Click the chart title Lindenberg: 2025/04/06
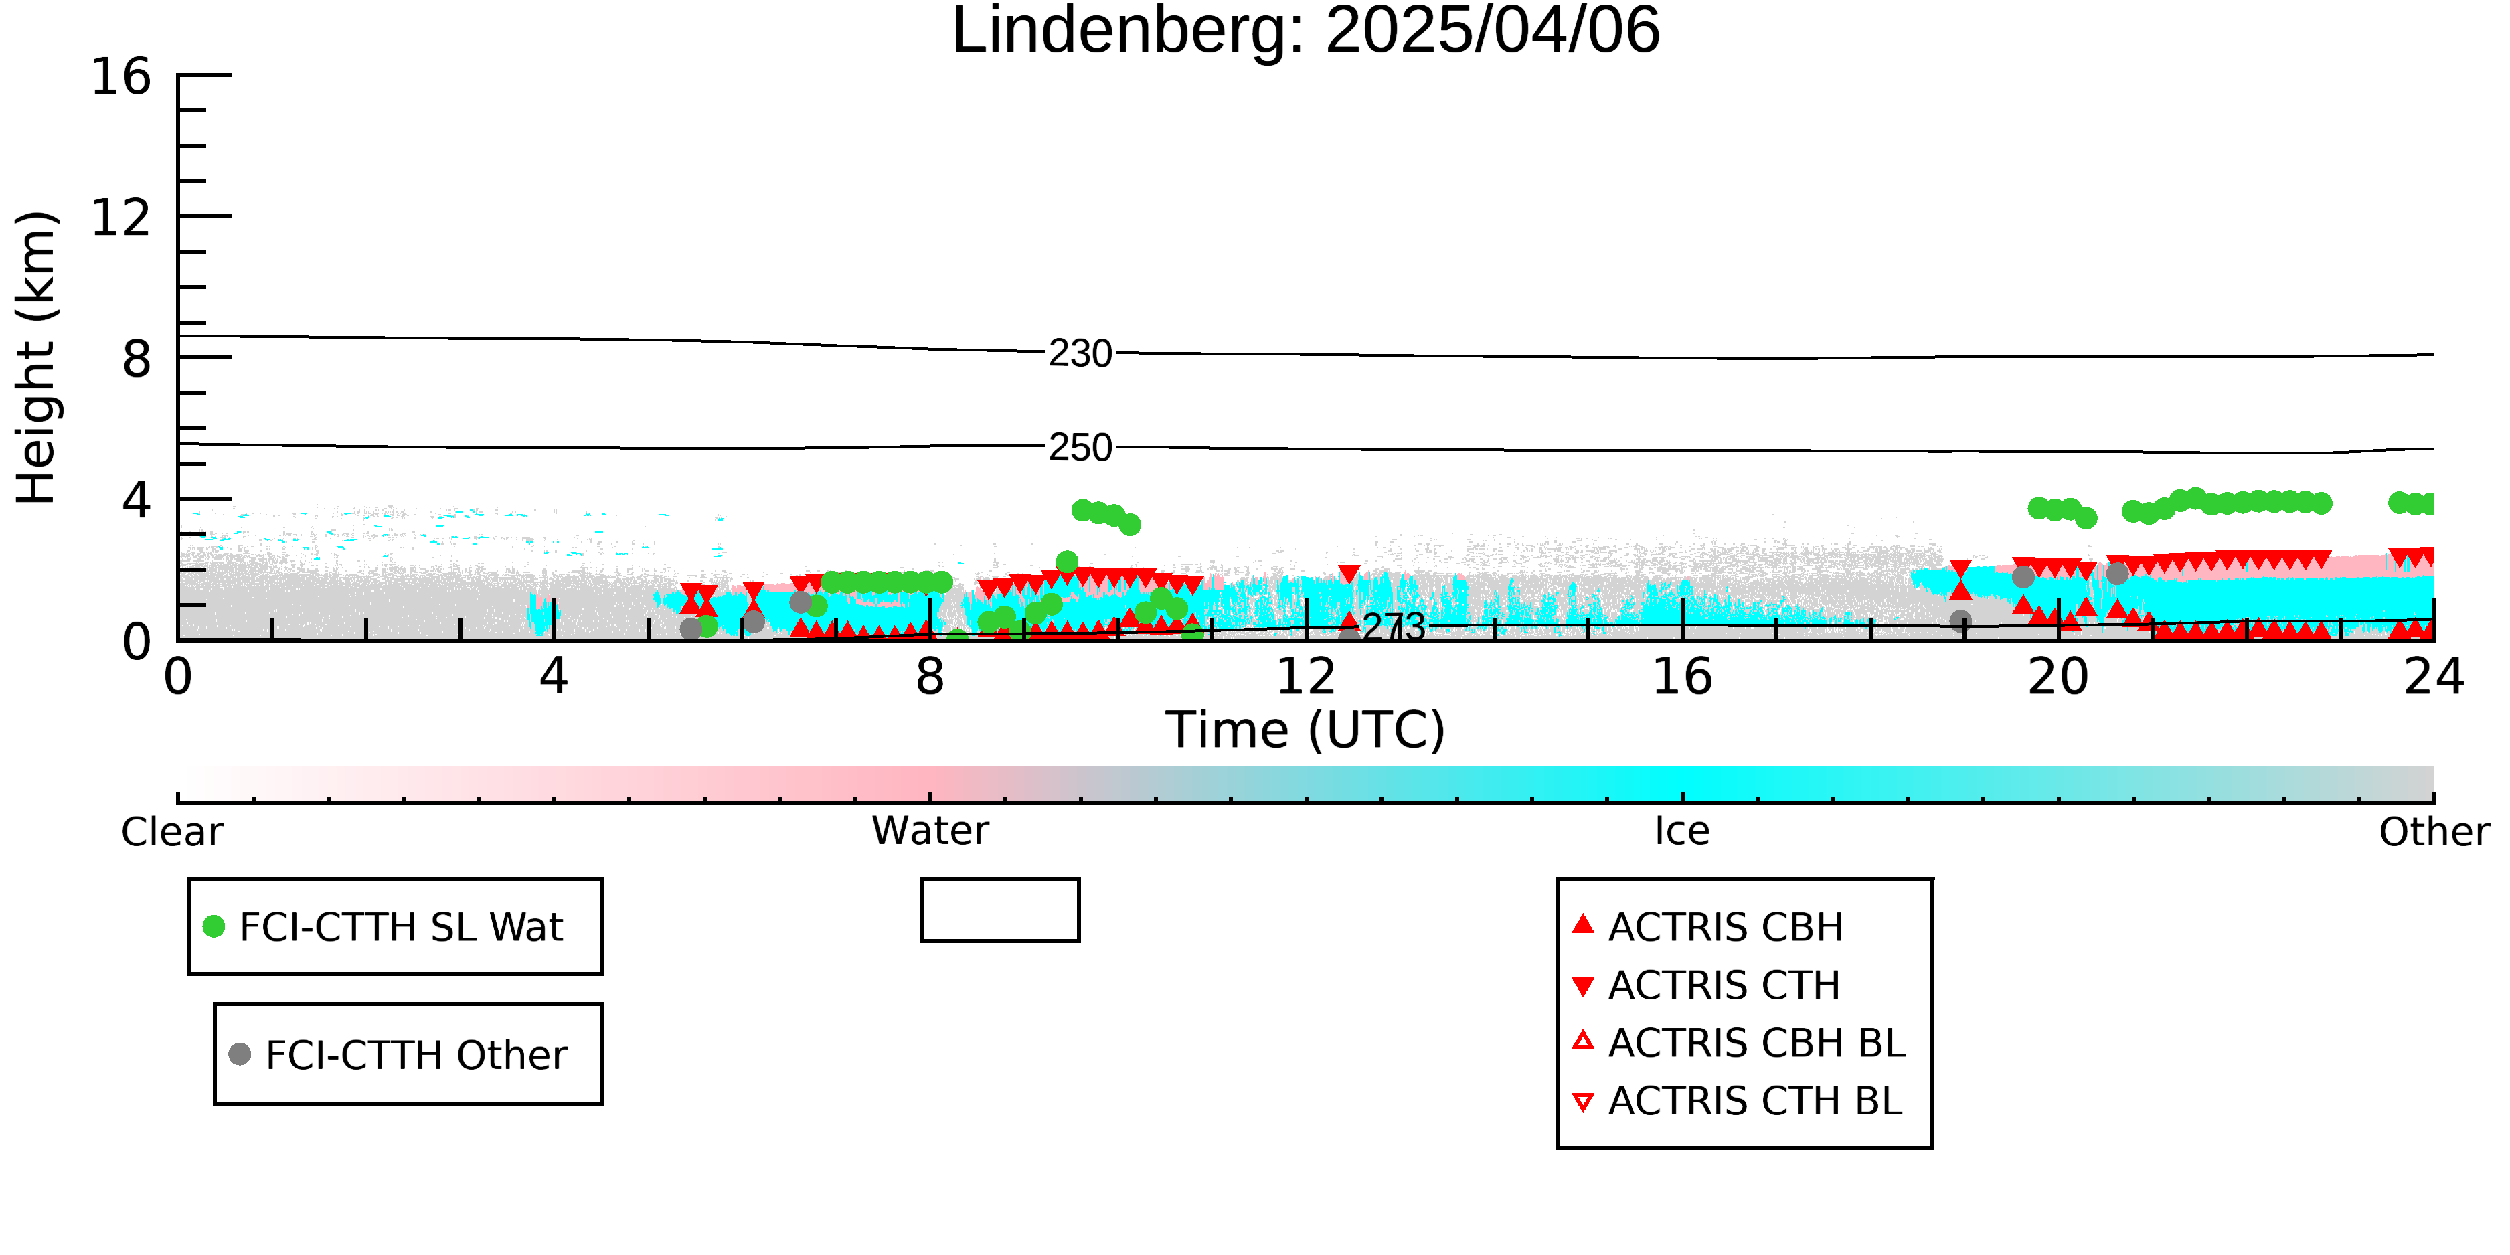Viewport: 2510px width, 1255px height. coord(1306,31)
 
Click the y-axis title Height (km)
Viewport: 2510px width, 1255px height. coord(37,357)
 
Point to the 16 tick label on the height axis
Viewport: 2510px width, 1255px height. coord(121,76)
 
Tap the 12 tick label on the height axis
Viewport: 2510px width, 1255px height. coord(121,218)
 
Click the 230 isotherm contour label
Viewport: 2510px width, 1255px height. coord(1080,353)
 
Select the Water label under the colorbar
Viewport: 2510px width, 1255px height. coord(930,831)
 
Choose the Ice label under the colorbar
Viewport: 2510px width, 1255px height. coord(1682,831)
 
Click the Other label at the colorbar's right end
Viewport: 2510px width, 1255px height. coord(2434,832)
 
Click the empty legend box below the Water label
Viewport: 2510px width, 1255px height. coord(1000,880)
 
